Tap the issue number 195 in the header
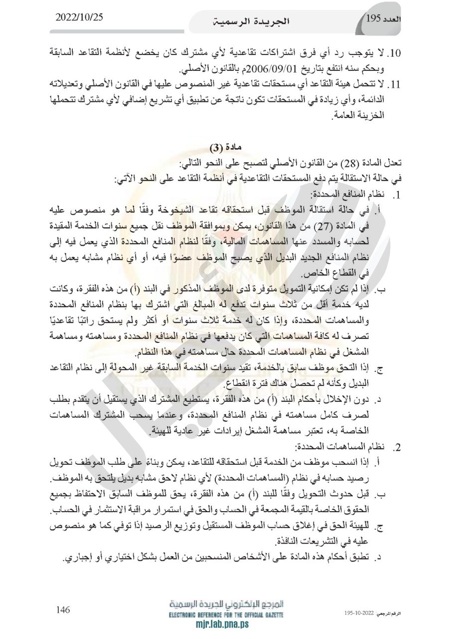click(x=373, y=19)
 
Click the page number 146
click(x=63, y=610)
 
